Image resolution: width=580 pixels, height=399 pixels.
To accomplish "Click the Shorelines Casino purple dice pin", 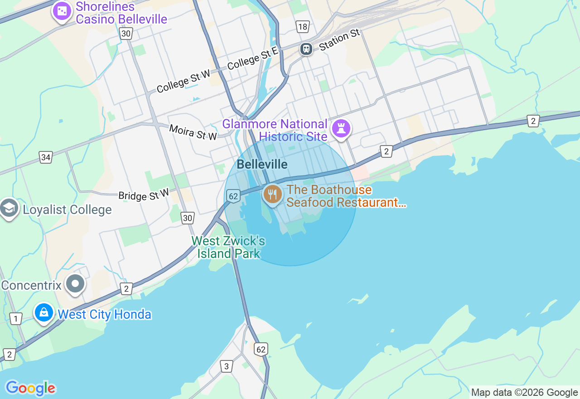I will click(62, 11).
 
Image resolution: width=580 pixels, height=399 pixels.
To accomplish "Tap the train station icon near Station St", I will click(307, 49).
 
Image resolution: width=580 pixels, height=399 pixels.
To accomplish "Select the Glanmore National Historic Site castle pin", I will click(341, 128).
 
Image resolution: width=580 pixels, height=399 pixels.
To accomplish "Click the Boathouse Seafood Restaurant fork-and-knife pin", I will click(272, 195).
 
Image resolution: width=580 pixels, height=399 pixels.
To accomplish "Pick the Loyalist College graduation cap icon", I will click(9, 208).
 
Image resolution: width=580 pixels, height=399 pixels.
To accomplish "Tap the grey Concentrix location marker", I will click(75, 284).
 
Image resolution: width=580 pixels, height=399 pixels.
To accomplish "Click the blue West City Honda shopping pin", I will click(44, 313).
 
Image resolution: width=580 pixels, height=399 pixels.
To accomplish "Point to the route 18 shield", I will click(303, 27).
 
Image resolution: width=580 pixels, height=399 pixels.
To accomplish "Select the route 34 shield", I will click(46, 157).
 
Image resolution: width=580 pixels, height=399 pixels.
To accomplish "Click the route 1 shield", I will click(16, 319).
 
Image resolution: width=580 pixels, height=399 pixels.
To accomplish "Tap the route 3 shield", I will click(227, 366).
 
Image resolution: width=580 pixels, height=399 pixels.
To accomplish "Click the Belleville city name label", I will click(262, 164).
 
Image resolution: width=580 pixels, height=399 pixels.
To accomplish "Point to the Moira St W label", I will click(193, 132).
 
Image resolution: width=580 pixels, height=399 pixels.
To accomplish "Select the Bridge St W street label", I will click(144, 195).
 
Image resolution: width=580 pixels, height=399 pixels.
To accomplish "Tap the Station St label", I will click(339, 40).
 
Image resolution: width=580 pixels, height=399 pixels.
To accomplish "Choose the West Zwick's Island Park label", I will click(228, 247).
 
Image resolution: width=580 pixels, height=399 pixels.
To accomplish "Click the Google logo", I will click(30, 388).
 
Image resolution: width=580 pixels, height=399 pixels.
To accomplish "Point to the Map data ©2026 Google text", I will click(524, 393).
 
